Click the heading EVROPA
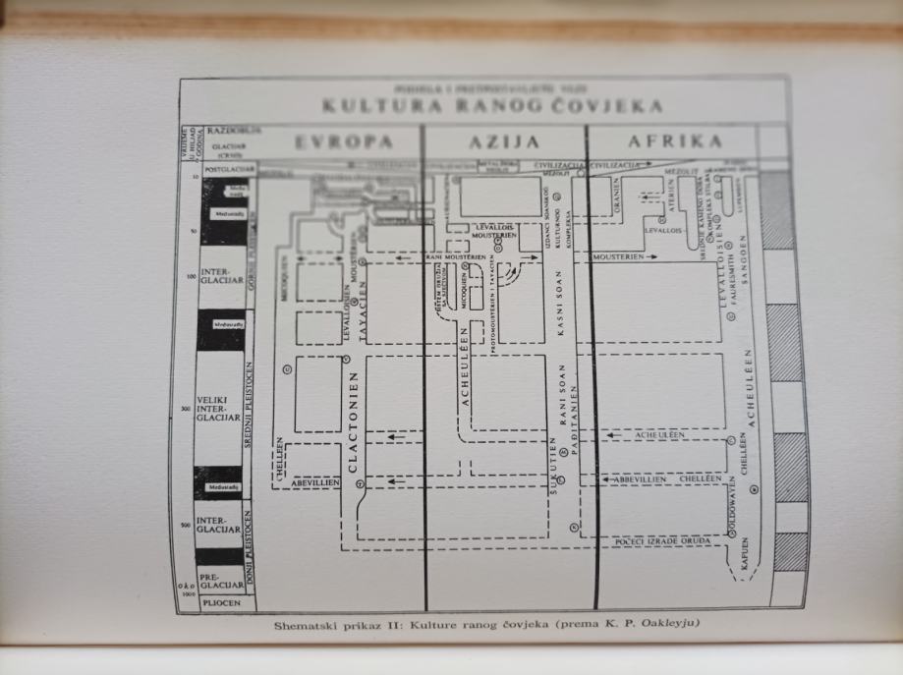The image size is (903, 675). pos(337,141)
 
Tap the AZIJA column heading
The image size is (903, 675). pos(505,141)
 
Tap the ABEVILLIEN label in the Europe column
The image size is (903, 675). pos(314,482)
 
